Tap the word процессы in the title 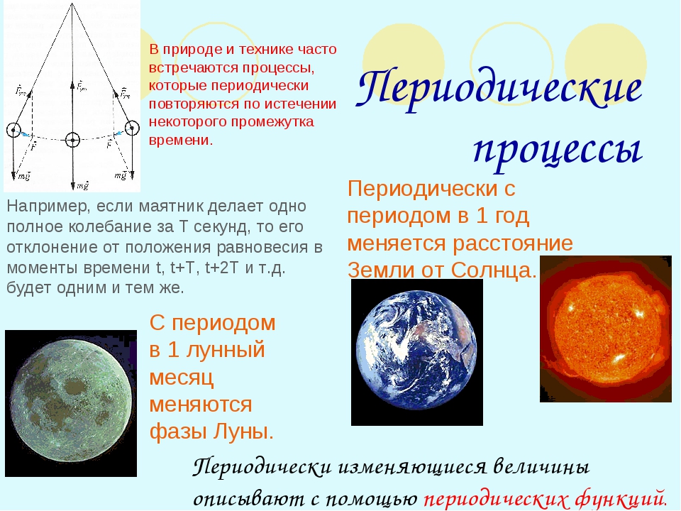point(558,150)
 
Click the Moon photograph point(71,403)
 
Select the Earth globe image point(417,352)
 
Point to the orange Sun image point(606,329)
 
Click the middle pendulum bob point(72,140)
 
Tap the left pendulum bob point(13,129)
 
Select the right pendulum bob point(132,128)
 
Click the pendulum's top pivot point point(72,4)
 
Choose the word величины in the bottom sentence point(541,467)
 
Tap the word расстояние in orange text point(513,243)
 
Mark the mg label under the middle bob point(82,185)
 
